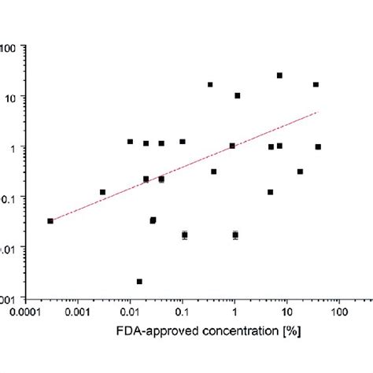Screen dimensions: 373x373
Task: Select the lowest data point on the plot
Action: coord(139,281)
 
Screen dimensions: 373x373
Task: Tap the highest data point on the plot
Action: coord(279,76)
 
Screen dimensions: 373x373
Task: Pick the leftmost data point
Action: coord(50,221)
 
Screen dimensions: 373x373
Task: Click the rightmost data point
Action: coord(318,147)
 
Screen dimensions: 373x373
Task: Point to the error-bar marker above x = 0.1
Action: coord(185,235)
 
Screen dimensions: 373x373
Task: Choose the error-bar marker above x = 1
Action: coord(235,235)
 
